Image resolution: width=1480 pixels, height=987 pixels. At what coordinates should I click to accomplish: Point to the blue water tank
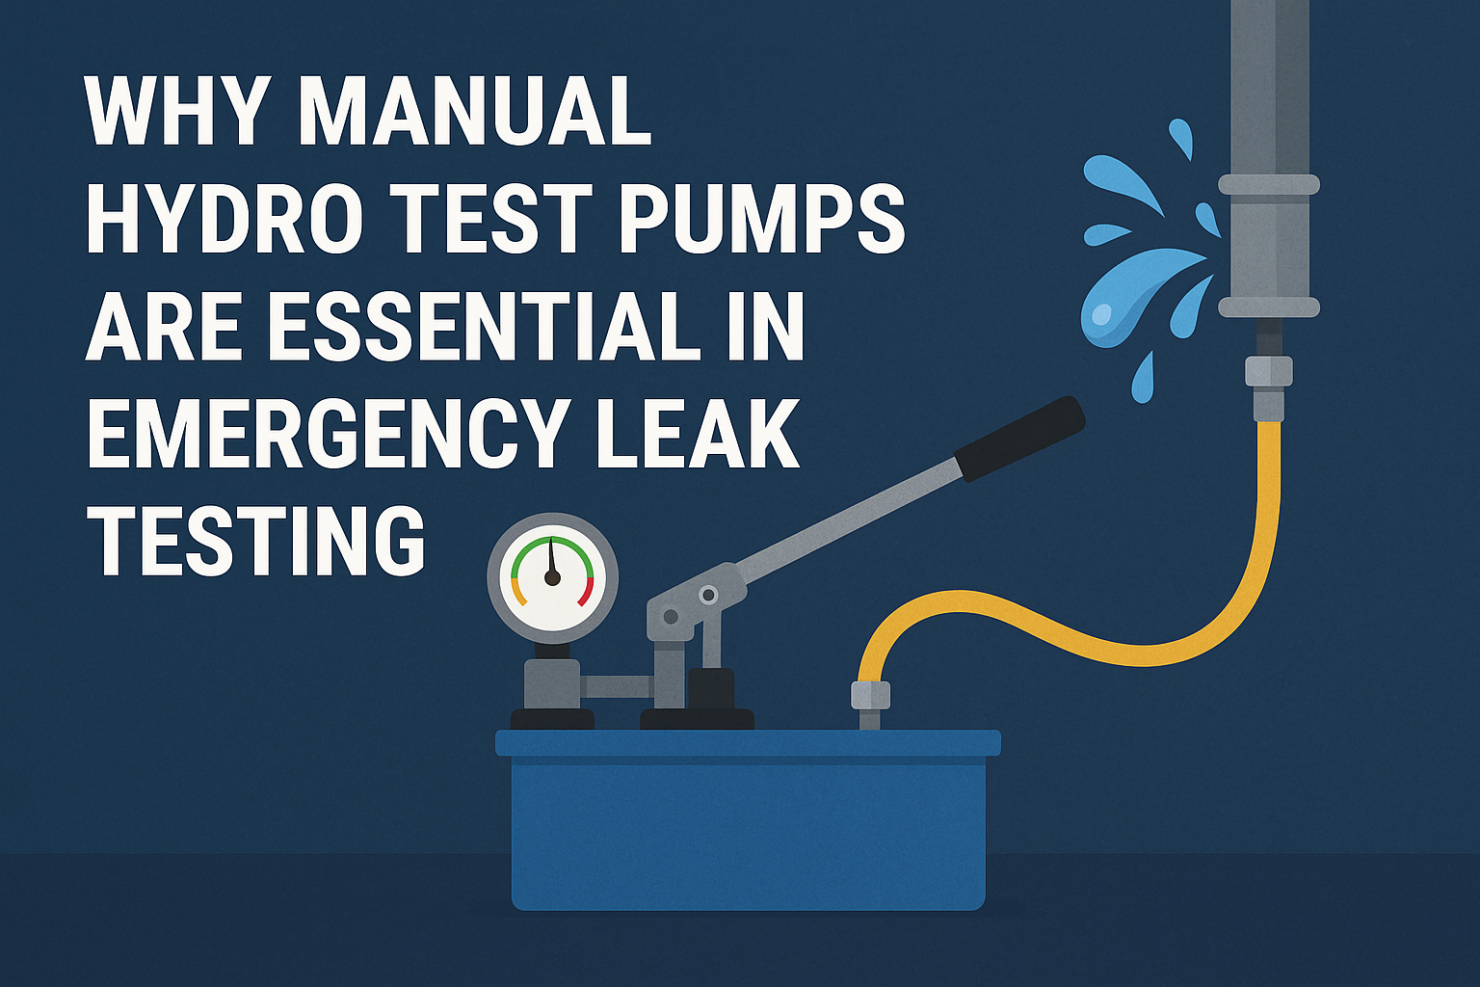748,829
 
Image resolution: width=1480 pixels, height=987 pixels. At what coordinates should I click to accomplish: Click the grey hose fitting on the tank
869,696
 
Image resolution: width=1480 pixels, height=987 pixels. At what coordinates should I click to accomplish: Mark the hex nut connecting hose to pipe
1268,372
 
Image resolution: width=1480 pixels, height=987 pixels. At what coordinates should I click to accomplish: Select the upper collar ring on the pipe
1268,184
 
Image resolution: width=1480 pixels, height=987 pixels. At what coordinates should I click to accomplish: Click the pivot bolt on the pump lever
709,595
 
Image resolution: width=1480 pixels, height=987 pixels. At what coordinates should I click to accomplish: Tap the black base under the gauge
551,719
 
